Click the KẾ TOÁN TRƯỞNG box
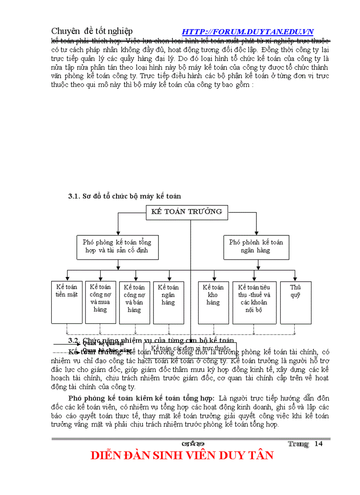(187, 212)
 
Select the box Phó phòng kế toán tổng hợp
(117, 246)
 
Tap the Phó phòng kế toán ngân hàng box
(256, 246)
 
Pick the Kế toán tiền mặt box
(67, 302)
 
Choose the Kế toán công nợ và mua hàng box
(100, 302)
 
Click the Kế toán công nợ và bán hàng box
(135, 302)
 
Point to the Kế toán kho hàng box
(214, 302)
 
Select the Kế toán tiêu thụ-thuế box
(255, 302)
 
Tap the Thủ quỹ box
(295, 302)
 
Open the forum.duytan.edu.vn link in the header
(247, 32)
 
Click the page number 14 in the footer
(319, 443)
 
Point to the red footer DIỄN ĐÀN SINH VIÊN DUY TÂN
(182, 455)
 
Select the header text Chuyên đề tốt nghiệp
(92, 31)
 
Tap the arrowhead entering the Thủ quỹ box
(295, 279)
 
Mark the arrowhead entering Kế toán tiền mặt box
(67, 279)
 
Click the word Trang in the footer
(298, 444)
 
